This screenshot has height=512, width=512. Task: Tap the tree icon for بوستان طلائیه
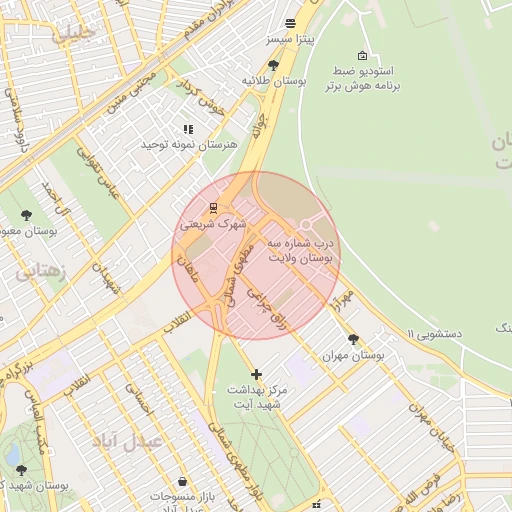[273, 65]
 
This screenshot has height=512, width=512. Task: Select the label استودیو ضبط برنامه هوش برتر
[362, 79]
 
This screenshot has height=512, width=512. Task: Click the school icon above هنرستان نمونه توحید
[187, 129]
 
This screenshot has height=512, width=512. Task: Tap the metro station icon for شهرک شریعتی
[213, 208]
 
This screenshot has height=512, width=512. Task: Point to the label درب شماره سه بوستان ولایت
[303, 250]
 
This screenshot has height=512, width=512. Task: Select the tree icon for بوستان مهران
[352, 339]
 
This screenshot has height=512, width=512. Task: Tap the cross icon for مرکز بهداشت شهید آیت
[256, 374]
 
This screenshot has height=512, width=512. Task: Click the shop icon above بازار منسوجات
[181, 481]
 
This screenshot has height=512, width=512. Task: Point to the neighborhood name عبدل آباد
[125, 441]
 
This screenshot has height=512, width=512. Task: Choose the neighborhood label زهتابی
[40, 271]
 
